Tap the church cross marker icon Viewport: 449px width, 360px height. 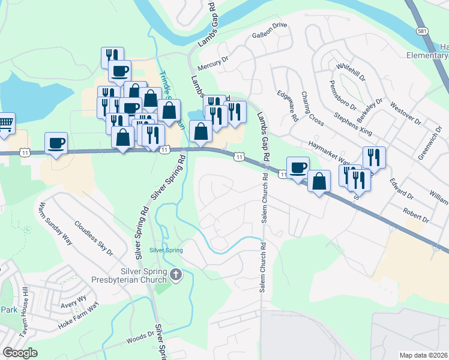click(176, 275)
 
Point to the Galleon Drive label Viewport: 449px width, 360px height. click(272, 26)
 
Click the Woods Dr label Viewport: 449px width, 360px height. click(140, 340)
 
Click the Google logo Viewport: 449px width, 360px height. click(20, 353)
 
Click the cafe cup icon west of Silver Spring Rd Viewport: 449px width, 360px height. click(56, 143)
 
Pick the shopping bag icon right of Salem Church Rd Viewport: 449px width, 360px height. click(319, 181)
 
